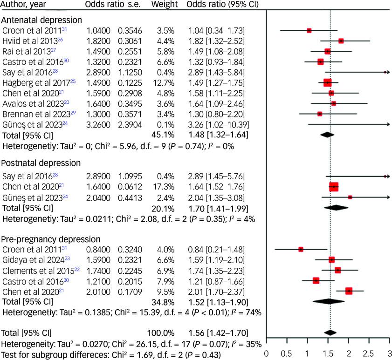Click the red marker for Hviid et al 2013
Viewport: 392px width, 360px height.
[341, 41]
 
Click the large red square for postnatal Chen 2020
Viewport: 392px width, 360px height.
[334, 187]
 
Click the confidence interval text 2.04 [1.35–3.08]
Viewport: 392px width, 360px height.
[217, 197]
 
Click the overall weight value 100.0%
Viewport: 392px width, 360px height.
[161, 333]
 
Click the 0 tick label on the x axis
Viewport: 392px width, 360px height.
[266, 353]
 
